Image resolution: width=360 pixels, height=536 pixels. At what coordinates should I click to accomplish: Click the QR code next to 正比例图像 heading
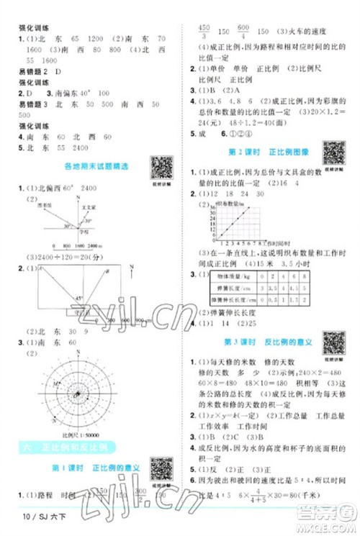(x=333, y=152)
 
